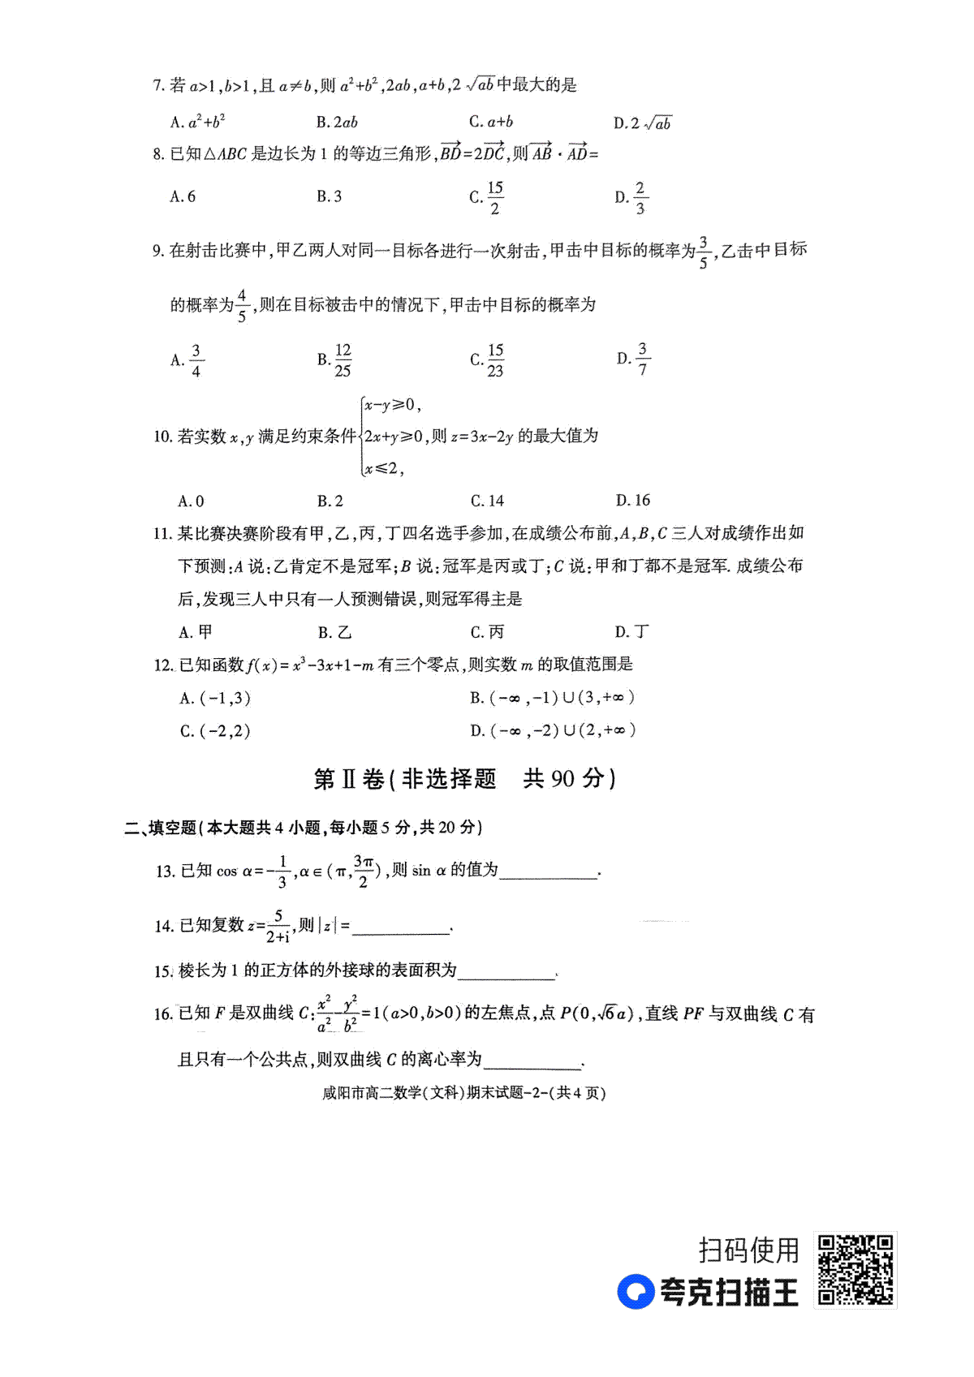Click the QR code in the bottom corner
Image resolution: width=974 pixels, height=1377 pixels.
click(855, 1270)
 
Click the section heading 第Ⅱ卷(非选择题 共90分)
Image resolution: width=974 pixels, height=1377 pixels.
click(464, 779)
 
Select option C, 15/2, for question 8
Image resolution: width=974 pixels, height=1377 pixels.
click(487, 197)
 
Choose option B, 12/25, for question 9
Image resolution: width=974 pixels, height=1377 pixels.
click(334, 359)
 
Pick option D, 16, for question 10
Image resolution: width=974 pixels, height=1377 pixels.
click(633, 501)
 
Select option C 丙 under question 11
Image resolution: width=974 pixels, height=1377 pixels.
click(487, 632)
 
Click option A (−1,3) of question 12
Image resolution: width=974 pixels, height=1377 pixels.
click(215, 698)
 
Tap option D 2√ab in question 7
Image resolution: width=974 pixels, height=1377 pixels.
click(643, 123)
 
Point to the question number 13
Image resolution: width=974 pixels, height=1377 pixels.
click(165, 871)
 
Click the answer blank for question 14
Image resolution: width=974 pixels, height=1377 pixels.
click(401, 927)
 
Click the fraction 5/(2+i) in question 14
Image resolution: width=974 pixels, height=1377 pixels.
click(278, 926)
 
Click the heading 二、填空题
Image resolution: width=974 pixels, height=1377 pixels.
click(160, 828)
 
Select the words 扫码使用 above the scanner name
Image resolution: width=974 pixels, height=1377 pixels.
click(748, 1250)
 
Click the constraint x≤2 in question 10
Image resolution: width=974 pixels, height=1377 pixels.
click(383, 468)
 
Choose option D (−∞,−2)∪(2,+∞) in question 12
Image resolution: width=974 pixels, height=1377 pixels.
click(552, 730)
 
